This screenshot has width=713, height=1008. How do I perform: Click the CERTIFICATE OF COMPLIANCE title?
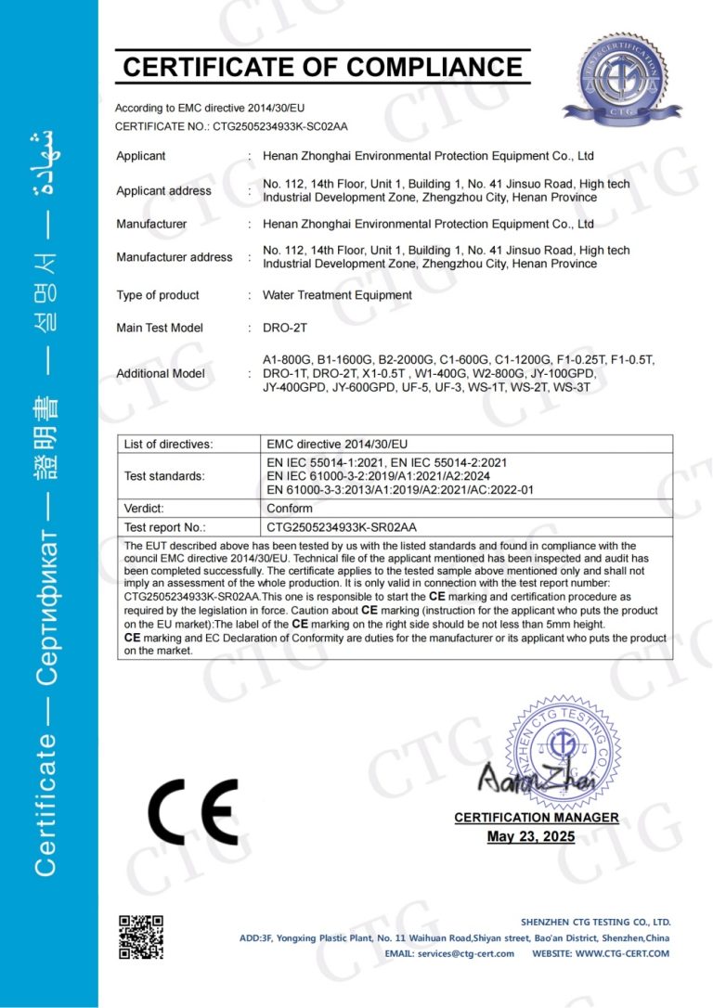[323, 68]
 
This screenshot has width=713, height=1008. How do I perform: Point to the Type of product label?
[157, 295]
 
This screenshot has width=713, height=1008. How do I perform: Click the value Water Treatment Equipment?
[337, 295]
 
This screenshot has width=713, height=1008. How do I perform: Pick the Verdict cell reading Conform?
[290, 509]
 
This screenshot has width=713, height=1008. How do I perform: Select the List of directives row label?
[168, 445]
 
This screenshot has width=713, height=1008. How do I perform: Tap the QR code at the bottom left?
[140, 937]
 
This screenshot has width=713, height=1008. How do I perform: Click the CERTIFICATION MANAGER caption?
[536, 818]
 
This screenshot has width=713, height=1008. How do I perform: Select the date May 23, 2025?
[531, 837]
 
